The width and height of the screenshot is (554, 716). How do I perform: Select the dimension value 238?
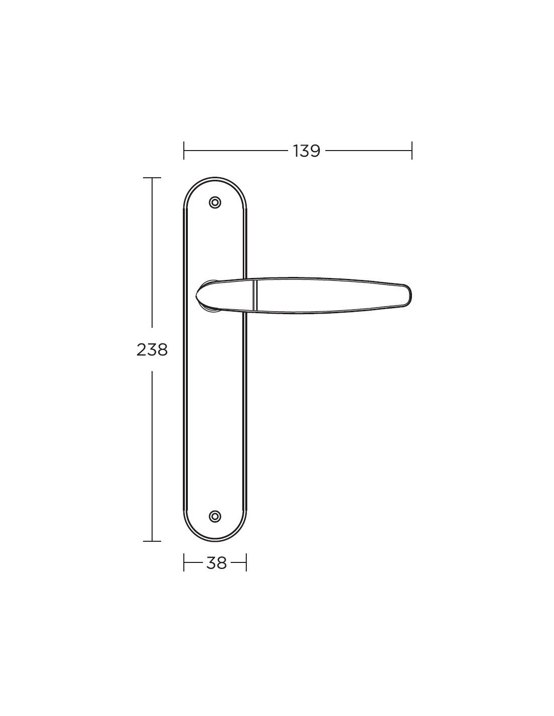[x=152, y=350]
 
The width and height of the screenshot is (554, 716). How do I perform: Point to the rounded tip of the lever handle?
[x=408, y=295]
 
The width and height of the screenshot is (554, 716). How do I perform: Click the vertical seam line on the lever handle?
[x=253, y=295]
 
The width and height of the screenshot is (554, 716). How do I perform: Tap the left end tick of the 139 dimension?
[x=184, y=151]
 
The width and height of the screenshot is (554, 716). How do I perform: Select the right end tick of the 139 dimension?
[x=411, y=151]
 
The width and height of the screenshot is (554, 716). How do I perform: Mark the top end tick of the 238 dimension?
[x=152, y=178]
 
